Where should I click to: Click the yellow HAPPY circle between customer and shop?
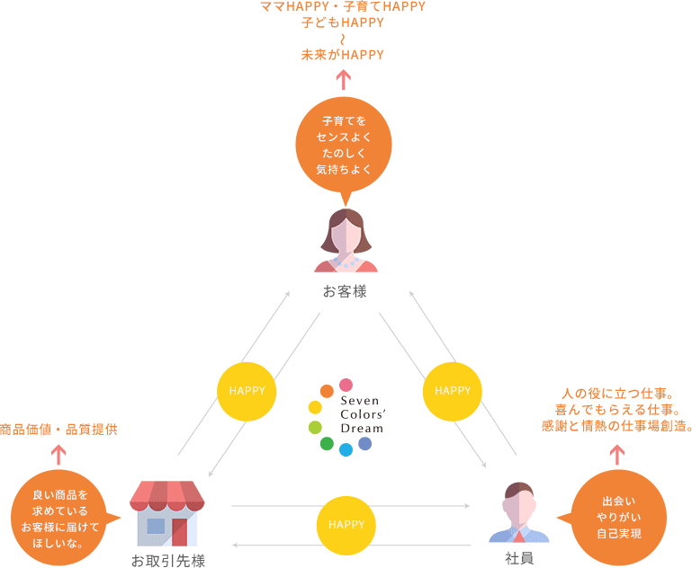tap(246, 391)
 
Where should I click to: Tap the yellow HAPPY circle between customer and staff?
tap(452, 391)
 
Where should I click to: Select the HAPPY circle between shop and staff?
tap(346, 524)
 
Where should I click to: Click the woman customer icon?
tap(346, 240)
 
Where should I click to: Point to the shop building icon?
tap(167, 513)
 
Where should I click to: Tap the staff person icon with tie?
tap(518, 513)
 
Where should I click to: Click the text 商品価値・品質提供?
tap(58, 430)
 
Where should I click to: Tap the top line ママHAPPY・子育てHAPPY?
tap(342, 7)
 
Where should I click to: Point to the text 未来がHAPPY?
tap(343, 55)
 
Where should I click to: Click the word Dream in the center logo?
tap(361, 428)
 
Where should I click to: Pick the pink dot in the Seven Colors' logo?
tap(346, 384)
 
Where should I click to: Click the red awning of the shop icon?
tap(167, 495)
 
